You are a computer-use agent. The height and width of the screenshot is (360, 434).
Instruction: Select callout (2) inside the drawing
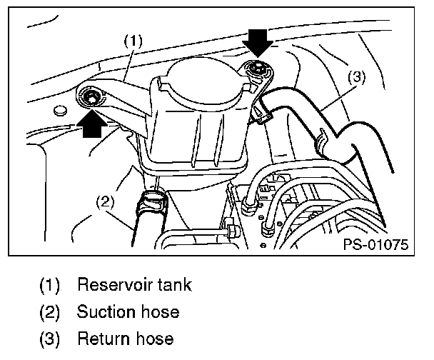coord(105,202)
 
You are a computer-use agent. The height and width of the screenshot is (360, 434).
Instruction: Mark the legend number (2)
coord(49,312)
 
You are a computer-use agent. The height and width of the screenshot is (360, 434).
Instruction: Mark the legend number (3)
coord(49,338)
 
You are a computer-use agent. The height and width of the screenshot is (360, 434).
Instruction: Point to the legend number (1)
coord(49,286)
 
